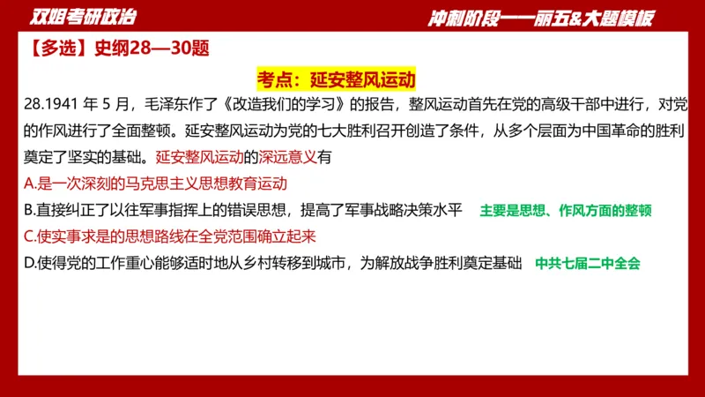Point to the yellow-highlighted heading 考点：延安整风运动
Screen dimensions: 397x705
pos(336,79)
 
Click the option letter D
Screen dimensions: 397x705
pos(30,262)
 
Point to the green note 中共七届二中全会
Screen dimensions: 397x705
pos(588,263)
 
